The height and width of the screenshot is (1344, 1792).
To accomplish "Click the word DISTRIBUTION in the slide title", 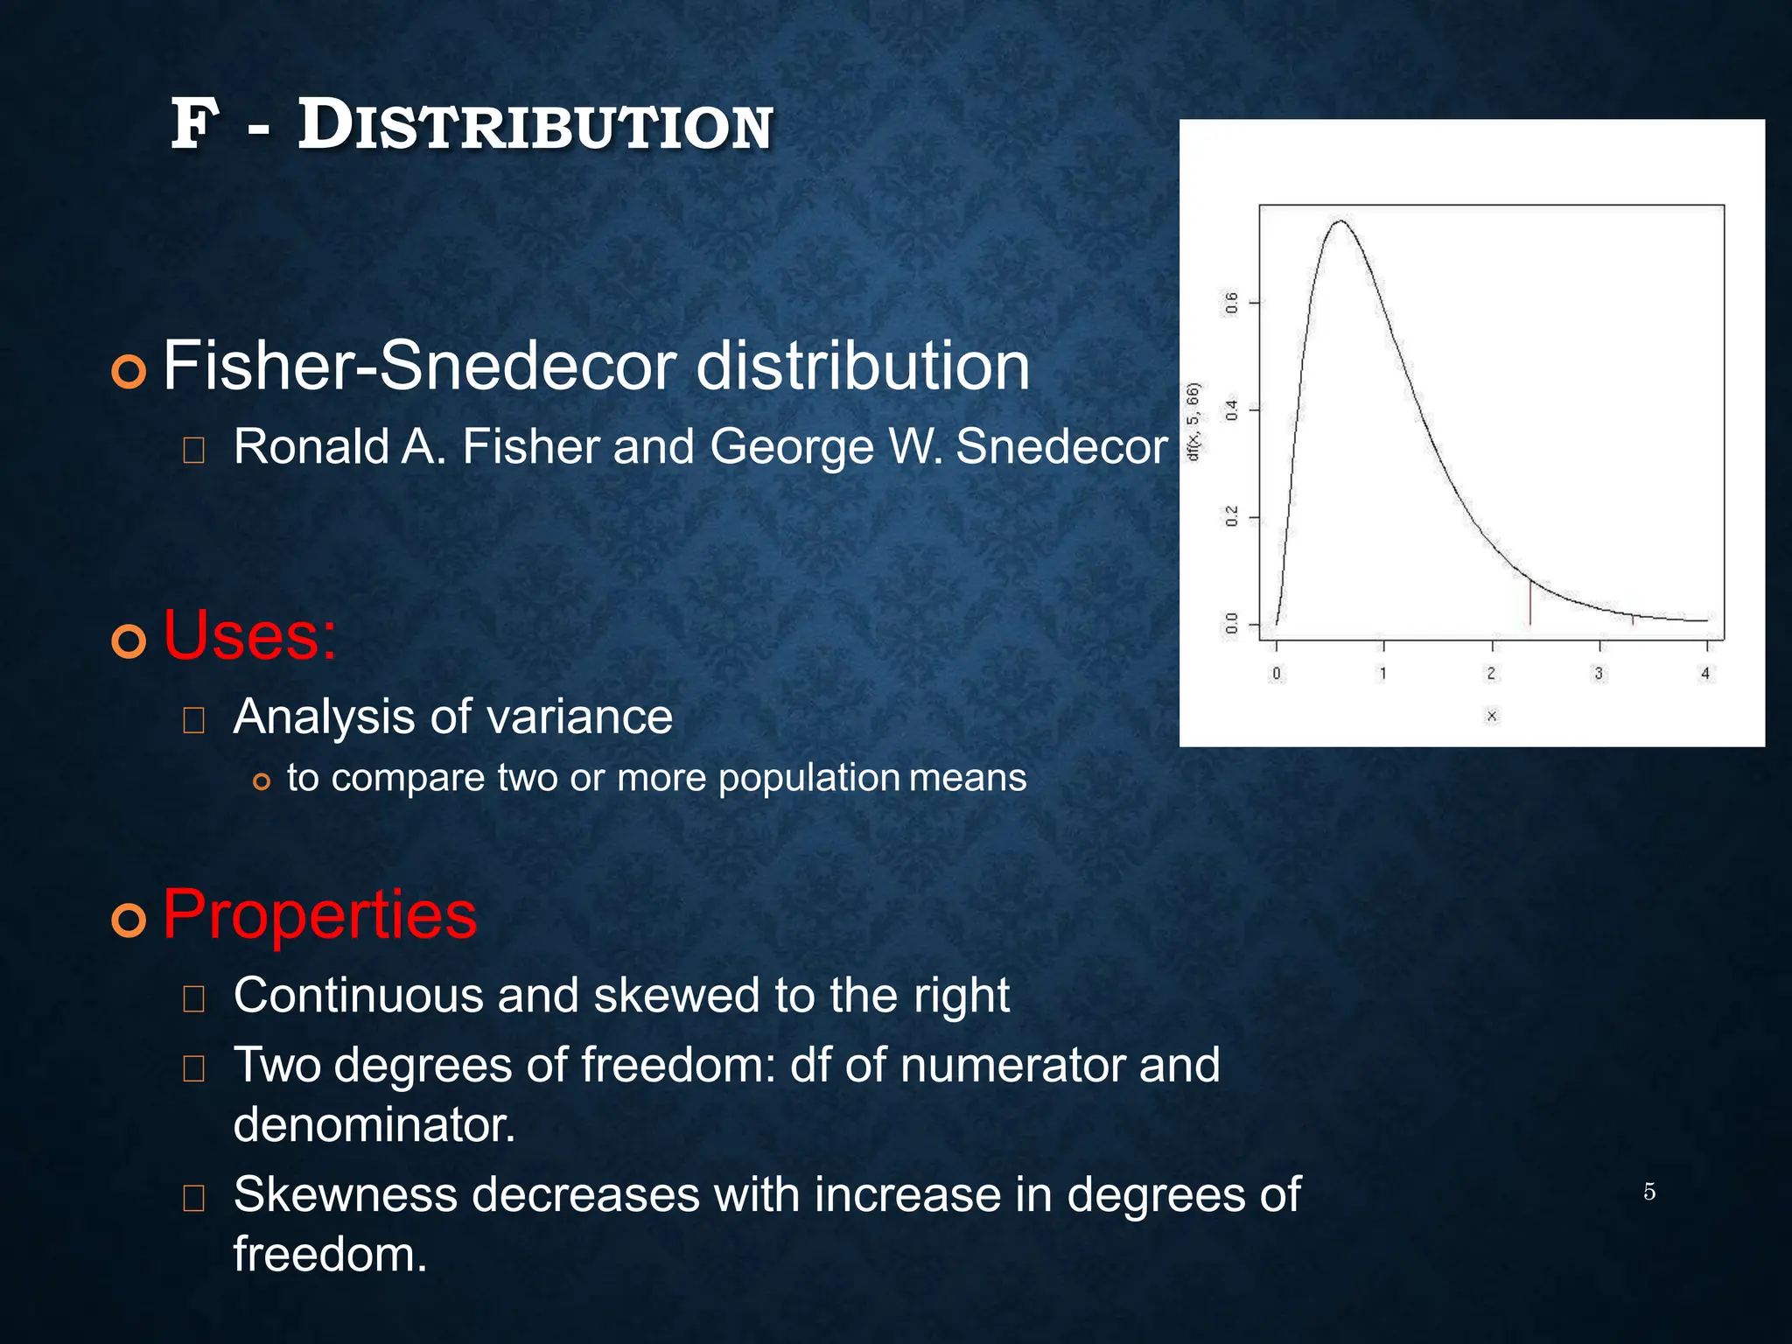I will coord(535,127).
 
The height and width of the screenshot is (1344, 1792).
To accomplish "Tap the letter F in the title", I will coord(193,125).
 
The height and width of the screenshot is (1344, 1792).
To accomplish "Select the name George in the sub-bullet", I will coord(792,447).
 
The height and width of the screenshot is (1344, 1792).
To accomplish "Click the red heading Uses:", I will coord(249,636).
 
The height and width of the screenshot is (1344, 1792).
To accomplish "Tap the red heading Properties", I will coord(319,915).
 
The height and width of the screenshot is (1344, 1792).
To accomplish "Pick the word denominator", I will coord(374,1125).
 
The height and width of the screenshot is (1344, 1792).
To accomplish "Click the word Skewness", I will coord(345,1195).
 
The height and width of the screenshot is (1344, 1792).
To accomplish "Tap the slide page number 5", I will coord(1648,1192).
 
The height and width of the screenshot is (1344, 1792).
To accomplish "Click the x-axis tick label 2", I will coord(1491,674).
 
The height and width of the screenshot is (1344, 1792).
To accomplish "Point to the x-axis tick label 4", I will coord(1705,674).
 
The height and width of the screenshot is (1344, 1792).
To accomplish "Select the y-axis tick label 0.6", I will coord(1232,304).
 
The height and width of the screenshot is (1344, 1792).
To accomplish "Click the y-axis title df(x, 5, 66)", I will coord(1193,422).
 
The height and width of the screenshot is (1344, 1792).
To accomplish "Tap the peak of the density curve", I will coord(1340,221).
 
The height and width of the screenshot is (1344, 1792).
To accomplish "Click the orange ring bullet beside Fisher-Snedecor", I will coord(129,372).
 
